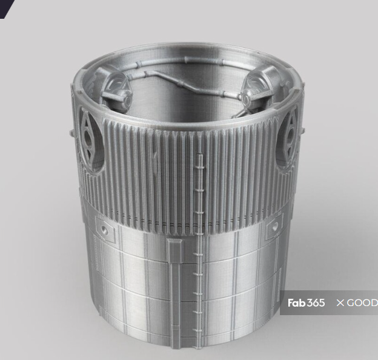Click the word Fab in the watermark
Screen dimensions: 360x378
click(x=296, y=302)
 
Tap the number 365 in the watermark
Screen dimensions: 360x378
click(x=316, y=302)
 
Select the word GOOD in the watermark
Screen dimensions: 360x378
click(x=362, y=302)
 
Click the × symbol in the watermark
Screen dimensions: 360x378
click(x=340, y=302)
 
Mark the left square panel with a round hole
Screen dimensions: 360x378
click(x=105, y=230)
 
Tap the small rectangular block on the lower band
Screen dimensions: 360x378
click(x=175, y=250)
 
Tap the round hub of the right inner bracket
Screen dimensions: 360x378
click(x=248, y=96)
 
